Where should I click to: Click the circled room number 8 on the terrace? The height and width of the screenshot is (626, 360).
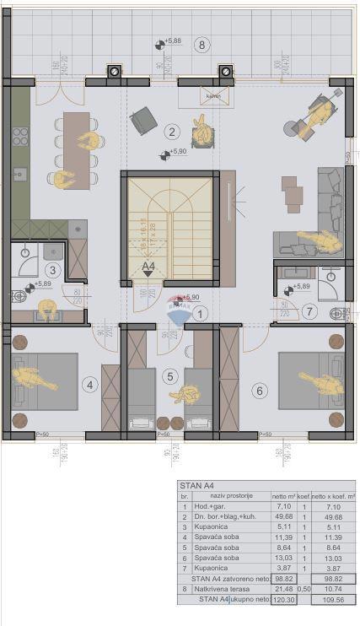pos(200,45)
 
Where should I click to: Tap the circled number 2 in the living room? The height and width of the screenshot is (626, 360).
pos(171,131)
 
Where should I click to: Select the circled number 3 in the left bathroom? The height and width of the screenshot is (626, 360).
pos(52,270)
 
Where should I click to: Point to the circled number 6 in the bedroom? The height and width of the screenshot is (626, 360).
pos(91,386)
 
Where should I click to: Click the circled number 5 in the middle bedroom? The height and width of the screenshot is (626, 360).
pos(170,376)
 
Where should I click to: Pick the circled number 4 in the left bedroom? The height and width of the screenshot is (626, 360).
pos(260,390)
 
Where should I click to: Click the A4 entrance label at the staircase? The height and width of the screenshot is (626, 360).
pos(149,267)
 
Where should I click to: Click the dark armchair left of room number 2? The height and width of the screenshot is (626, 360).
pos(142,121)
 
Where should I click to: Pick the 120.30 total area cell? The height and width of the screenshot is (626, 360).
pos(284,598)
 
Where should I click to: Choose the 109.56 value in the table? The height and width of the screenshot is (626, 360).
pos(330,599)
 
